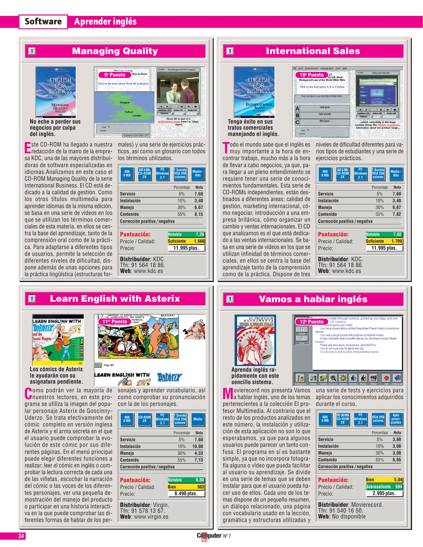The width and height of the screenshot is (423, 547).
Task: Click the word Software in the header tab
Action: click(43, 22)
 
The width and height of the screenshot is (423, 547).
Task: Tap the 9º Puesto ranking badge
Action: click(115, 75)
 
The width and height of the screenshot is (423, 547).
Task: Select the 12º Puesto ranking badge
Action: click(312, 322)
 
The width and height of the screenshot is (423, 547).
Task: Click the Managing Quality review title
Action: click(115, 51)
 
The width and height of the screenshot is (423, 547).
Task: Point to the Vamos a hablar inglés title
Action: click(313, 299)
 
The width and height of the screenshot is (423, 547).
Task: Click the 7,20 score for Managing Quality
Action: click(200, 235)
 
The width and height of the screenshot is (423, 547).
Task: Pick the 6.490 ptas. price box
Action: click(186, 493)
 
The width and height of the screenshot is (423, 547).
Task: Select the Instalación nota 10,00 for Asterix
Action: click(197, 446)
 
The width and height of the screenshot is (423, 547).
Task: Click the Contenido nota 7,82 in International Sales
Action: click(397, 214)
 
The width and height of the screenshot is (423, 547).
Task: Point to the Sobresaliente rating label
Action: click(378, 486)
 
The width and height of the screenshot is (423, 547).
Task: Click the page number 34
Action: click(21, 536)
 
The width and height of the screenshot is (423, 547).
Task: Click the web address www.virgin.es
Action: click(151, 517)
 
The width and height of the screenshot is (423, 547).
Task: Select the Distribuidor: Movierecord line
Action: click(350, 505)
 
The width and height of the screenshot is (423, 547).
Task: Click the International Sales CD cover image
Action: click(254, 92)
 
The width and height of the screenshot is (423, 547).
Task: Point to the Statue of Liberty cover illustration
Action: click(255, 340)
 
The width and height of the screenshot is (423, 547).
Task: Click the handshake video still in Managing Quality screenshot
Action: click(178, 88)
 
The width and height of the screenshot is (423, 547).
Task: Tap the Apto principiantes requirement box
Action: click(396, 419)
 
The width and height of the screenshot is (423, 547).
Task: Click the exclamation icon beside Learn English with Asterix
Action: click(32, 299)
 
